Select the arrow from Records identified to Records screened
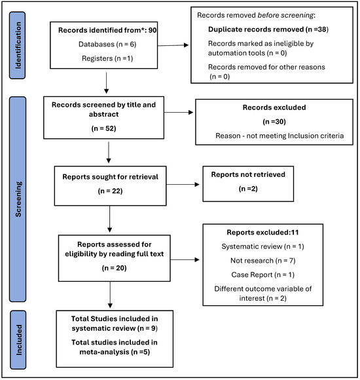106,83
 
